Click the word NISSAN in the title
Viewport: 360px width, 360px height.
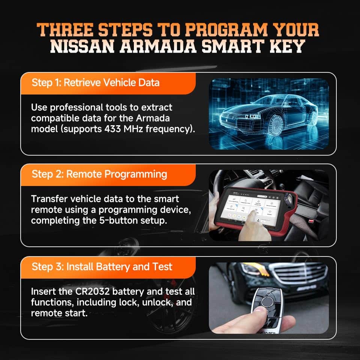coord(82,46)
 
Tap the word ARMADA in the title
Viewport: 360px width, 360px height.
coord(158,46)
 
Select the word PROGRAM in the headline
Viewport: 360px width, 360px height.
coord(226,30)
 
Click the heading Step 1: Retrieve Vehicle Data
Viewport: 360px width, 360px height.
coord(96,82)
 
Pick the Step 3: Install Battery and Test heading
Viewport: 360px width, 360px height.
coord(102,267)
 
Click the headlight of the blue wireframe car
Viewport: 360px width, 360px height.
coord(252,116)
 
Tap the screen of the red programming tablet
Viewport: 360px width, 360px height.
coord(251,208)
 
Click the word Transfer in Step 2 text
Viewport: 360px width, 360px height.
coord(49,199)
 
